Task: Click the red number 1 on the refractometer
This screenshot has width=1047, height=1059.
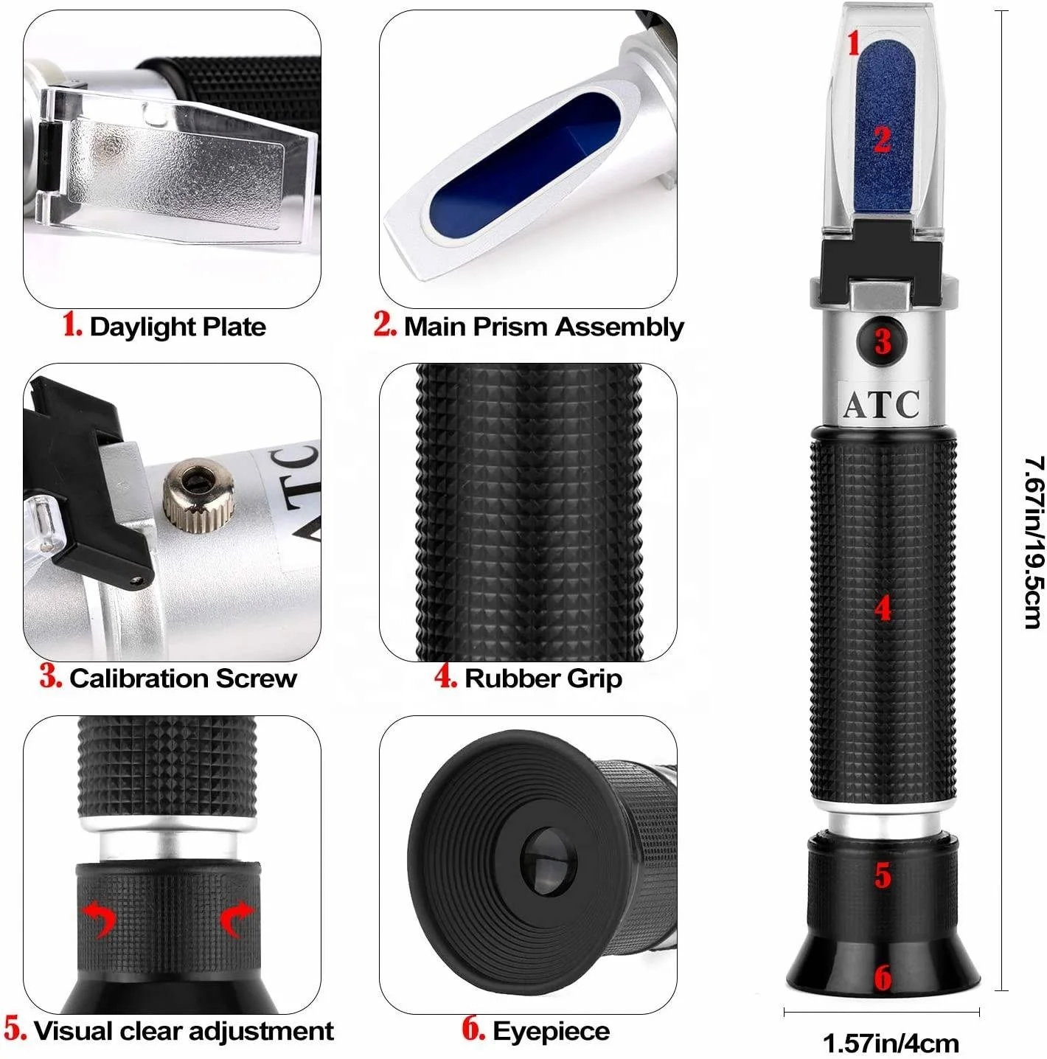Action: [854, 43]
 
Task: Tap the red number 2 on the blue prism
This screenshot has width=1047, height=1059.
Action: [882, 139]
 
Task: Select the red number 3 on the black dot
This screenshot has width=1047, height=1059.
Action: [883, 341]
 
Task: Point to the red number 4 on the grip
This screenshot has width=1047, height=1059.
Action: [883, 609]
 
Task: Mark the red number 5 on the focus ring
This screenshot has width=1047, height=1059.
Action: [883, 875]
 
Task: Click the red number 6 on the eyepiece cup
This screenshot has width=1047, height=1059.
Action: [883, 979]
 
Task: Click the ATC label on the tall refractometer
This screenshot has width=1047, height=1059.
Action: [882, 404]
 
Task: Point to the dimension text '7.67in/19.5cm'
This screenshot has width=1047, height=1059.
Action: [1034, 542]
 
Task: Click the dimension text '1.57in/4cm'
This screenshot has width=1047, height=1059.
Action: [891, 1044]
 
